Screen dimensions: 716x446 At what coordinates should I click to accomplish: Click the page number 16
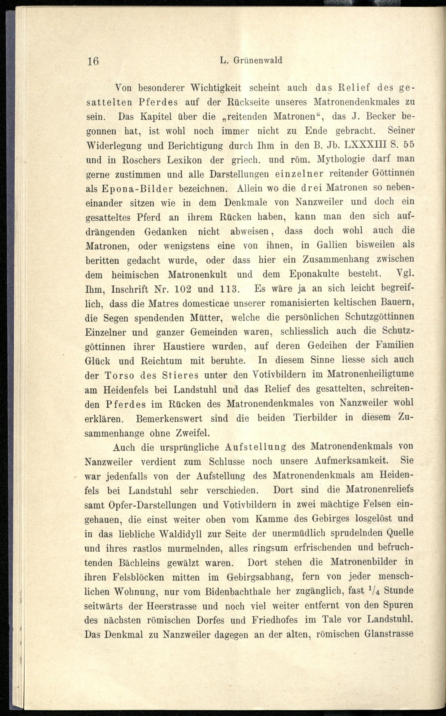coord(93,61)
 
